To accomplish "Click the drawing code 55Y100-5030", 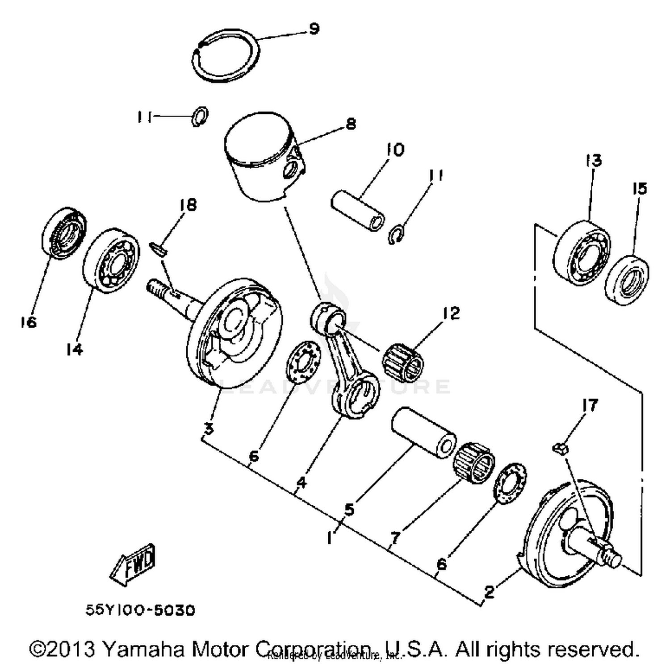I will [140, 610].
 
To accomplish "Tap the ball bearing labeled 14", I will [112, 261].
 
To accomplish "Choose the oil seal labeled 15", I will [627, 280].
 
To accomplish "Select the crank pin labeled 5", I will [423, 432].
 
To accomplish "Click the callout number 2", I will [489, 592].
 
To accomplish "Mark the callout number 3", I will [209, 429].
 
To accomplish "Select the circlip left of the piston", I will [200, 116].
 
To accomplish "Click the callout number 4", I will [302, 483].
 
